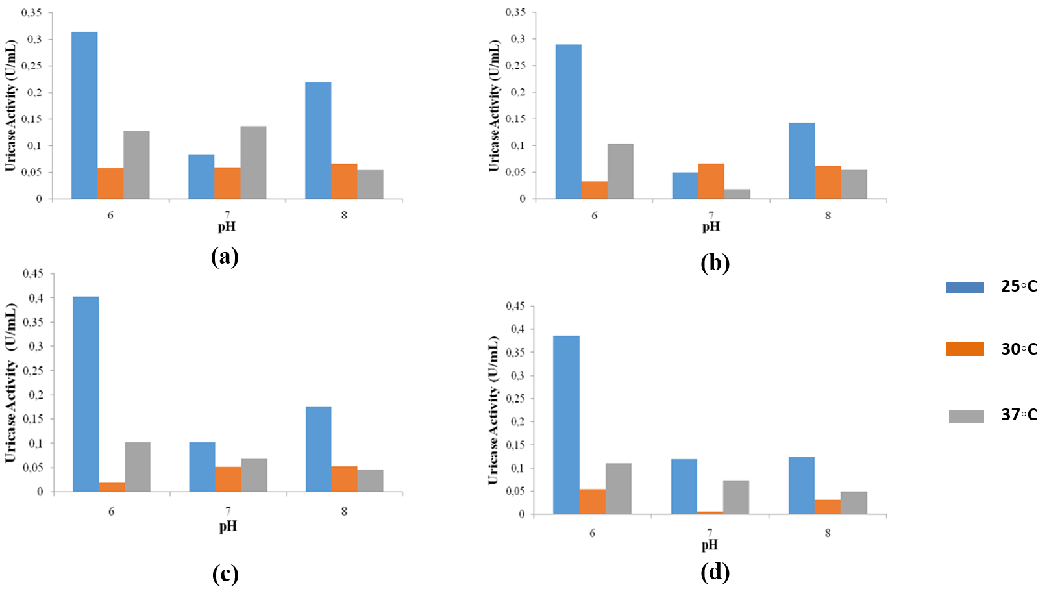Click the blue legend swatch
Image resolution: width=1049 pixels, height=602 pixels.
[x=965, y=288]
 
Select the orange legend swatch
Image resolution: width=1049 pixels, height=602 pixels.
[x=965, y=349]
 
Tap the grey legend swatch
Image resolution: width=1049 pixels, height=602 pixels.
[x=966, y=417]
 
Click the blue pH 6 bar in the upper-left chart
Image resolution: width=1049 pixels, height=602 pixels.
[x=84, y=115]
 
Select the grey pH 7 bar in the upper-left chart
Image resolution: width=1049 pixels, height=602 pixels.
[x=253, y=162]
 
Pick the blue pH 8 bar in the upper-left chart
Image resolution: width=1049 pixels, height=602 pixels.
[x=318, y=140]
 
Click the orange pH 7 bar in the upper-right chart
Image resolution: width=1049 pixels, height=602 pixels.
[x=711, y=181]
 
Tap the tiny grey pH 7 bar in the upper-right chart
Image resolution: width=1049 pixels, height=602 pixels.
[x=737, y=194]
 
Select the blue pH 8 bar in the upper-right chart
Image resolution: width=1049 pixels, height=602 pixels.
[x=802, y=160]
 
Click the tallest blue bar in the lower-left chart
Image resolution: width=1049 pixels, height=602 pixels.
[x=86, y=394]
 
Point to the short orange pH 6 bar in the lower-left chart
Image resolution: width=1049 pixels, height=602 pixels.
[x=112, y=487]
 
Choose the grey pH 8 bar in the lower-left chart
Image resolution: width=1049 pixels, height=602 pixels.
[x=370, y=481]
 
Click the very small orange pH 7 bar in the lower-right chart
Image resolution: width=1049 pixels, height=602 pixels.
[x=710, y=513]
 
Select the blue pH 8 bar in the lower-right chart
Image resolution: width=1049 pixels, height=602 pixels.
[x=801, y=486]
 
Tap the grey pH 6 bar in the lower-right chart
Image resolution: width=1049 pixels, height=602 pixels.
[x=618, y=488]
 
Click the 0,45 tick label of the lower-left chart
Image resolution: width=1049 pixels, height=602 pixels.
[x=33, y=273]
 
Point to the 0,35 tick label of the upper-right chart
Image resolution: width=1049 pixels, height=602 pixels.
[x=515, y=12]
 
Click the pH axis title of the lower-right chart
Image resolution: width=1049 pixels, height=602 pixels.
[x=710, y=546]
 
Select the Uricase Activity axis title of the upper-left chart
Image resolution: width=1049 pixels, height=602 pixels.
[x=10, y=105]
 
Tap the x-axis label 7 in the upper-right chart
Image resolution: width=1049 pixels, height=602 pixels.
[x=711, y=215]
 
